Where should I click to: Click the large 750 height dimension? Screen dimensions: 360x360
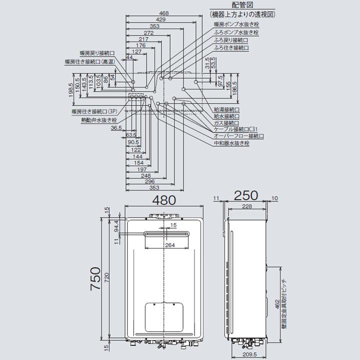pos(96,283)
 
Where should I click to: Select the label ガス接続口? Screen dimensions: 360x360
pos(226,122)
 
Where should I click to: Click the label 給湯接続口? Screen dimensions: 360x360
pos(226,109)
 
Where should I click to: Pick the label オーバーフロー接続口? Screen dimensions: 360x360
pos(238,136)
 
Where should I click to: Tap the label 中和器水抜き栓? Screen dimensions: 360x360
pos(231,143)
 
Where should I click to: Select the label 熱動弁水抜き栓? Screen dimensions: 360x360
pos(98,120)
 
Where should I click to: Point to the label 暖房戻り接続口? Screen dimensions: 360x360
pos(97,53)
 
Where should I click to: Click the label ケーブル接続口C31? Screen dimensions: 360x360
pos(235,129)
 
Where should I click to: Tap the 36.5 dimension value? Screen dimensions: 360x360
pos(116,128)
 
